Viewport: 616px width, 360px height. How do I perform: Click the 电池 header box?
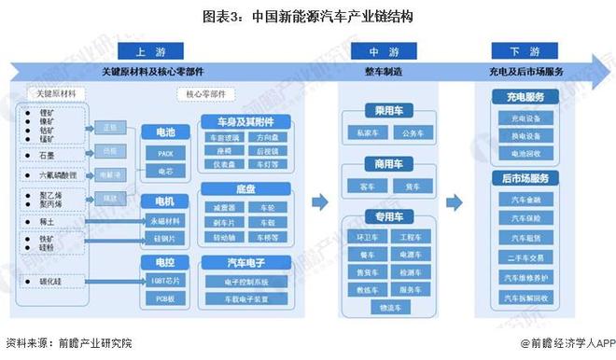(x=164, y=132)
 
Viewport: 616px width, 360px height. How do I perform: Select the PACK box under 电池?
(x=164, y=152)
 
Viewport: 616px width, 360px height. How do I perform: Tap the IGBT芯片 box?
(x=164, y=280)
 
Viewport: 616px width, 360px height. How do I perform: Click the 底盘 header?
(x=245, y=188)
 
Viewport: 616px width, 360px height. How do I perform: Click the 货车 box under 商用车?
(x=412, y=187)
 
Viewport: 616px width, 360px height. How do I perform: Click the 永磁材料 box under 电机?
(x=164, y=220)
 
